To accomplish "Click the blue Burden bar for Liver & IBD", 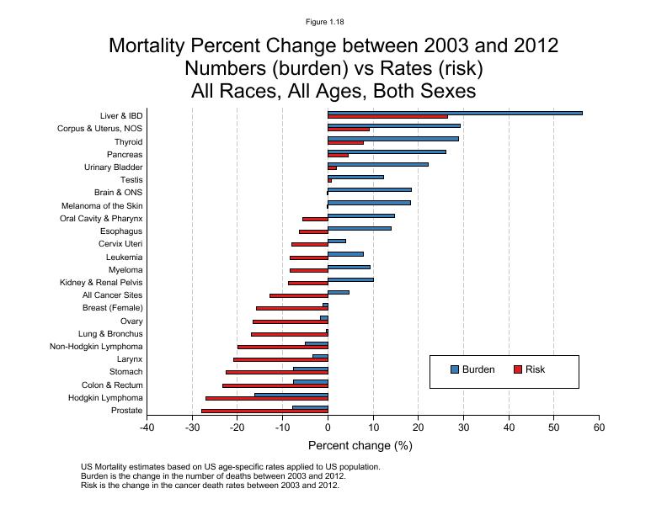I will pyautogui.click(x=455, y=113).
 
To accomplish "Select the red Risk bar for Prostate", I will pyautogui.click(x=264, y=411).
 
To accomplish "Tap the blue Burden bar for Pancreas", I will pyautogui.click(x=387, y=151).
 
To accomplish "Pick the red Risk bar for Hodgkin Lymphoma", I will pyautogui.click(x=267, y=399).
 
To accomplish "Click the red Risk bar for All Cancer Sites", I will pyautogui.click(x=299, y=296).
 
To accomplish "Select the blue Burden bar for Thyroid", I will pyautogui.click(x=393, y=139).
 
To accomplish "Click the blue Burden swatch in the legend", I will pyautogui.click(x=455, y=369).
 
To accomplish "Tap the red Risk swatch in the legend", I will pyautogui.click(x=518, y=369).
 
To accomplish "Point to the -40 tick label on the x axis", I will pyautogui.click(x=147, y=427).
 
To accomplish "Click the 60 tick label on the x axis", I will pyautogui.click(x=599, y=427).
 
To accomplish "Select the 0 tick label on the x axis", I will pyautogui.click(x=328, y=427).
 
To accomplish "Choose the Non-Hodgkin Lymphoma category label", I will pyautogui.click(x=96, y=347).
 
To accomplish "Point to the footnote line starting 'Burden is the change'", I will pyautogui.click(x=189, y=476).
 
